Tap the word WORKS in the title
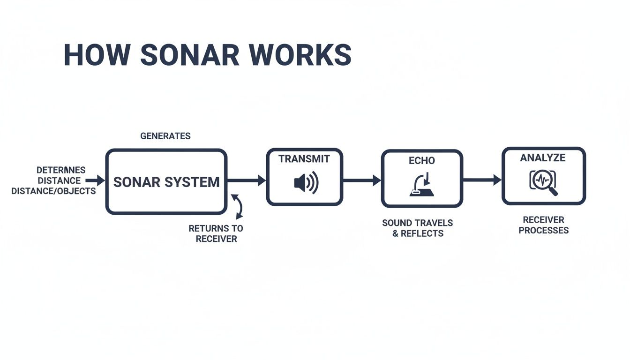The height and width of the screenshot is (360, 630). coord(304,55)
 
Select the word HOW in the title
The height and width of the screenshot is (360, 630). coord(97,55)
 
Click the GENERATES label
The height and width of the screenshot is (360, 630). coord(165,136)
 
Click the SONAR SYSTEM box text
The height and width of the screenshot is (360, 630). coord(166,182)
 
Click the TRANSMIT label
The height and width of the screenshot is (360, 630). coord(304,159)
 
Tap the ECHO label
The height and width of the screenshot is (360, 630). coord(422,160)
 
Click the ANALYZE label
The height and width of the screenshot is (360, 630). coord(543,158)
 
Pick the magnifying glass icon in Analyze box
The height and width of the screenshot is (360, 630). coord(544,182)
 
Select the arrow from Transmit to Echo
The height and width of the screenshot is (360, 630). coord(361,180)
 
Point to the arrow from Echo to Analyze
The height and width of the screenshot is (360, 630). coord(482,180)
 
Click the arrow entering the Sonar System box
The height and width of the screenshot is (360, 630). coord(95,180)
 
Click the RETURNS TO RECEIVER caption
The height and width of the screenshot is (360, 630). coord(216,233)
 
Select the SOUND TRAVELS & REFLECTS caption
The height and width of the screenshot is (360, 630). coord(418,228)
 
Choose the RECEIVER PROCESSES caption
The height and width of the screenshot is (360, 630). coord(544,225)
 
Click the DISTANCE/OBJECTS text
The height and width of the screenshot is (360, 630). coord(53,191)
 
